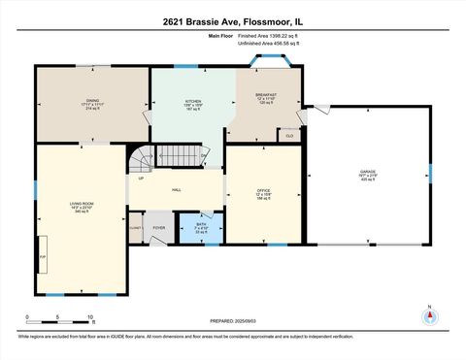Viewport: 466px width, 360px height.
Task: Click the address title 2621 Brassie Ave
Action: coord(232,22)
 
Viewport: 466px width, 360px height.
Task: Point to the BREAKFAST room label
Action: coord(265,96)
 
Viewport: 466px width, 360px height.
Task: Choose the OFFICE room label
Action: coord(263,192)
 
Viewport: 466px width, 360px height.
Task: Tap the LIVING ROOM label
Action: coord(81,205)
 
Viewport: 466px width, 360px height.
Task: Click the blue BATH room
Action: coord(201,229)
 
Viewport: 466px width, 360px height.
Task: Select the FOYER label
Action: coord(158,228)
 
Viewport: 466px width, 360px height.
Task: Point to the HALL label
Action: coord(177,190)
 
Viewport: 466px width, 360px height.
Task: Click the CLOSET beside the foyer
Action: coord(135,229)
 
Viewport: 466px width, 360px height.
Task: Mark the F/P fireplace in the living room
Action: coord(43,256)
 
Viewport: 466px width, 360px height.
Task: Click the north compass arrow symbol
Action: coord(429,314)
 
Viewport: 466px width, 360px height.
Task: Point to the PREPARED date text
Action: coord(232,321)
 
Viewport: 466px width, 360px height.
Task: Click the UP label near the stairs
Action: coord(142,179)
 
